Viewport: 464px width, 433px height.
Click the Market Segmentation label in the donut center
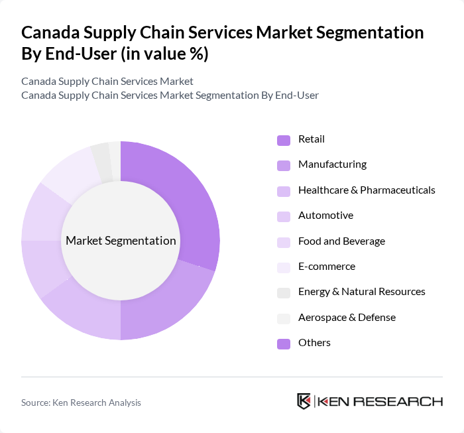121,241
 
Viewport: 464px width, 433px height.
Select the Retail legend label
311,139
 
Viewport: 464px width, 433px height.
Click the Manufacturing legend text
332,164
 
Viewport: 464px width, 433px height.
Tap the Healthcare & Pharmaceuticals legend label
367,190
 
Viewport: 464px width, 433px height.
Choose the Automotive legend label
325,216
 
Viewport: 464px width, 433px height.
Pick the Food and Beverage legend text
341,241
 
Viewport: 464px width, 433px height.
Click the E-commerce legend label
326,267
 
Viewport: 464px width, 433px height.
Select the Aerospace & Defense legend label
347,318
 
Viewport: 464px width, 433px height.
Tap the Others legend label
314,343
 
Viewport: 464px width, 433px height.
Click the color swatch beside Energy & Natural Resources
283,292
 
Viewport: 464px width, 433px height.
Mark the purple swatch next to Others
283,343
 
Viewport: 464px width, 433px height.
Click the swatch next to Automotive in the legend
283,216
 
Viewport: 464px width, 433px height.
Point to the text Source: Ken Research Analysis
81,402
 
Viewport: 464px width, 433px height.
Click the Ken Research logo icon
304,401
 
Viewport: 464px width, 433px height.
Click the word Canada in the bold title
52,32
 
